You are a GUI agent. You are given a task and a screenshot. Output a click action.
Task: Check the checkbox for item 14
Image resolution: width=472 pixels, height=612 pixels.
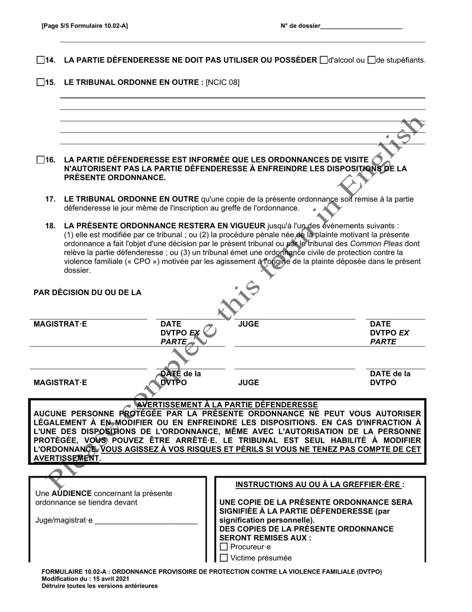click(41, 60)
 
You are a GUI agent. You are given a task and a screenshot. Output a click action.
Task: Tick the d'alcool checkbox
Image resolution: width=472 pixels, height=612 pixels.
click(324, 60)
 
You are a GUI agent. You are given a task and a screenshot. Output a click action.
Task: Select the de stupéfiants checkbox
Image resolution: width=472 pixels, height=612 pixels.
click(371, 60)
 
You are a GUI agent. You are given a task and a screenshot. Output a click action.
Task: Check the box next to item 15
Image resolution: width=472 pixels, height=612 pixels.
click(41, 83)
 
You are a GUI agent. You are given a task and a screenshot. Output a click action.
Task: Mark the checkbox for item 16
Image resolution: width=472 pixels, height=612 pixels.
click(41, 160)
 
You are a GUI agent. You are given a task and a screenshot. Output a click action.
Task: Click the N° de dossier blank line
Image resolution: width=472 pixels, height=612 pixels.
click(361, 27)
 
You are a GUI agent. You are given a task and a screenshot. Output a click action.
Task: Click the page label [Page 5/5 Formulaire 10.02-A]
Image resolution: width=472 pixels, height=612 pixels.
click(84, 26)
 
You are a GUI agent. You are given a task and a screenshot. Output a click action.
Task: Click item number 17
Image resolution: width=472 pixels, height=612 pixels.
click(50, 199)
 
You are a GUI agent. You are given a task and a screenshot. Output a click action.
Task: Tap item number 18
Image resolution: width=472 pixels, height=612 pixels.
click(50, 225)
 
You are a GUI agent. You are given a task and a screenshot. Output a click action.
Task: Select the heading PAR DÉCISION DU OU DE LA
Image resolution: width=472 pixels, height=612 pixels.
click(87, 293)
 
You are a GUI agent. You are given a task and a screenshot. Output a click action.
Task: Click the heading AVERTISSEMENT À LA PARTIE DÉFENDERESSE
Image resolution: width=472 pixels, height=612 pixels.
click(227, 405)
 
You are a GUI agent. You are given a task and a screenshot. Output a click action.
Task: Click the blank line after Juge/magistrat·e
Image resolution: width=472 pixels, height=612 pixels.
click(146, 521)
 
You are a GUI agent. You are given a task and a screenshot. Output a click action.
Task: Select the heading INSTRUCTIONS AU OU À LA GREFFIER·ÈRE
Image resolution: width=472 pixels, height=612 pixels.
click(320, 484)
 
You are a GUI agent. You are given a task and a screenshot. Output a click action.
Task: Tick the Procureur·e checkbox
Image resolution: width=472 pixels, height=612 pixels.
click(224, 547)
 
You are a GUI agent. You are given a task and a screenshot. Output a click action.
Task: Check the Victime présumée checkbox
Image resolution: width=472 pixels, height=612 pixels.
click(224, 558)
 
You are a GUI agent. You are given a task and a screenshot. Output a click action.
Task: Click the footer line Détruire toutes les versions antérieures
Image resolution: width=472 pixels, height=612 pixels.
click(99, 586)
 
